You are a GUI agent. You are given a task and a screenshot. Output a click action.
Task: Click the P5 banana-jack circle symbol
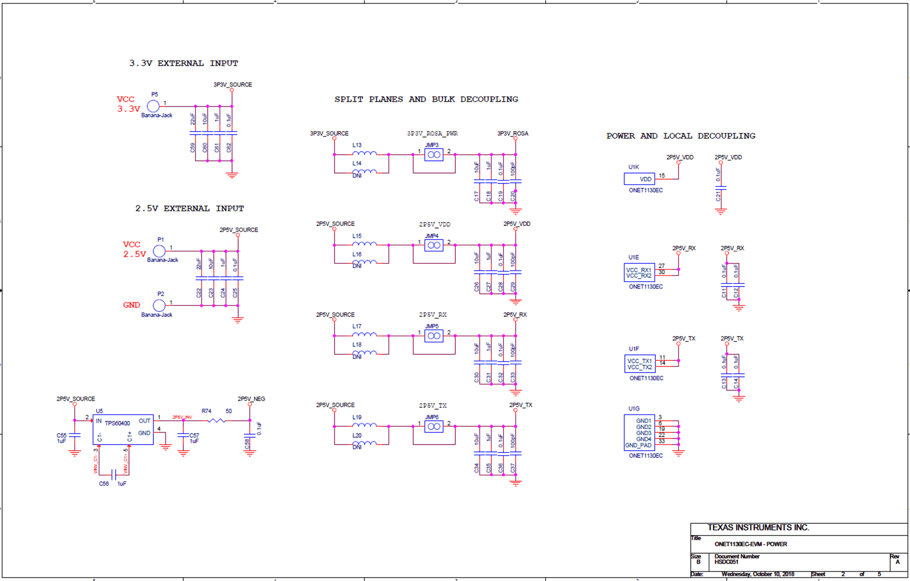[153, 106]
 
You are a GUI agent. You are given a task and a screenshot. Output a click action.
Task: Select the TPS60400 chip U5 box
[123, 429]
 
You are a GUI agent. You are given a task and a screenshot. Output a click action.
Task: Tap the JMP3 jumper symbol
[434, 155]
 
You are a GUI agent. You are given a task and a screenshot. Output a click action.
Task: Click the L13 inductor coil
[364, 153]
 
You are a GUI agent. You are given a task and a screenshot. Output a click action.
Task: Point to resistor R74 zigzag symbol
[216, 420]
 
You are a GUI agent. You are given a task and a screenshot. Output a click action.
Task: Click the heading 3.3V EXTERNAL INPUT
[184, 63]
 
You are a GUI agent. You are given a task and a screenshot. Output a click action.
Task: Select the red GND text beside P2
[132, 305]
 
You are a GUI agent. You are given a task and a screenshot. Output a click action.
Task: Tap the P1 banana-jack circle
[159, 251]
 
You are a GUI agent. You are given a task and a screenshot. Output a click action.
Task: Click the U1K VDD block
[639, 179]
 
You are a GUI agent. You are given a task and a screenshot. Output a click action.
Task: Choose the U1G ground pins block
[639, 433]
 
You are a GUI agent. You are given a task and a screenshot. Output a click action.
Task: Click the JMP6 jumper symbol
[434, 426]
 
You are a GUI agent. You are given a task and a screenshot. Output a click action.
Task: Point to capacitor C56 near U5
[113, 474]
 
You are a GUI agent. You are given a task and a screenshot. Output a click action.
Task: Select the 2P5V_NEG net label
[251, 399]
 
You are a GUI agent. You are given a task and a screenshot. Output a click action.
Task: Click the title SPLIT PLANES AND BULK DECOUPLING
[426, 99]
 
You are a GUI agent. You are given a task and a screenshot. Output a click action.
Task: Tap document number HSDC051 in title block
[726, 562]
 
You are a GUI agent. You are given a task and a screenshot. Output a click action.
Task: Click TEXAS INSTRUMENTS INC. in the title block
[758, 528]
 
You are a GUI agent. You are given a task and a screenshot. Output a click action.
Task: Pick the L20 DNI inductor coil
[364, 443]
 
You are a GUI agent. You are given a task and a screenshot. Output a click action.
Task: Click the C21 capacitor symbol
[721, 188]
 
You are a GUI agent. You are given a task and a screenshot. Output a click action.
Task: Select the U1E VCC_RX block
[639, 273]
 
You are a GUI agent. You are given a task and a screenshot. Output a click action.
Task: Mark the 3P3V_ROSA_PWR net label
[432, 134]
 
